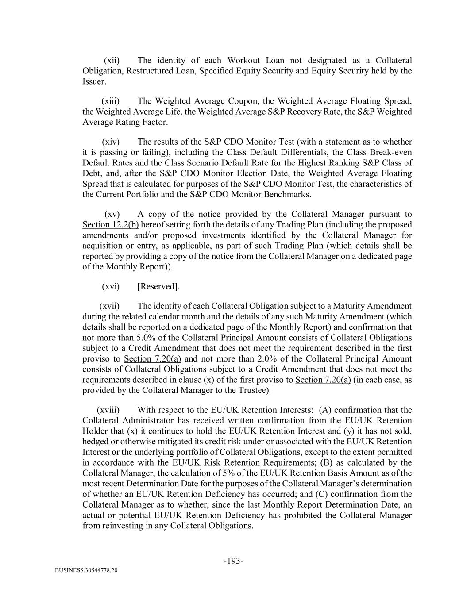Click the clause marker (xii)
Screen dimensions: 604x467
(x=111, y=61)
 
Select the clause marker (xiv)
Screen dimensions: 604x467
(x=111, y=142)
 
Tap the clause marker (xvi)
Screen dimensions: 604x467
(x=111, y=287)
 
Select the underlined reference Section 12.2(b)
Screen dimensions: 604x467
(x=110, y=225)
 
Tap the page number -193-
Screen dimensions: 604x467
(x=233, y=562)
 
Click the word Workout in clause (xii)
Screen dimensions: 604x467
(x=243, y=61)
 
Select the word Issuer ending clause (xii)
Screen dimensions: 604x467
(x=94, y=82)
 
